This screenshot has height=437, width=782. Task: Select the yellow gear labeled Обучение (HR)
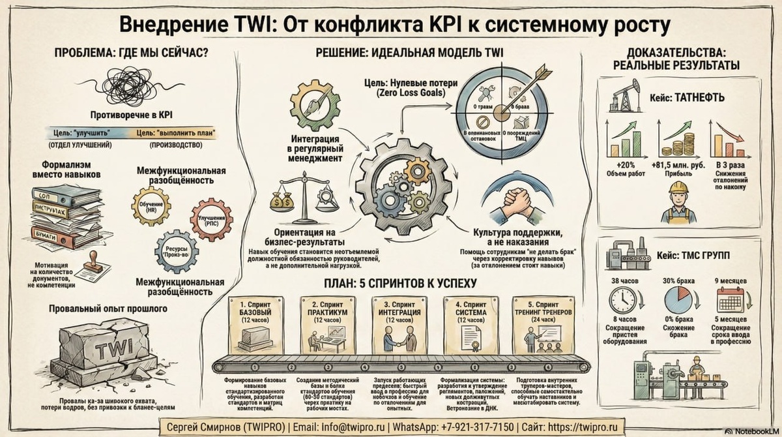click(x=151, y=206)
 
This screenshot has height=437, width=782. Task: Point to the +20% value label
click(x=625, y=164)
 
